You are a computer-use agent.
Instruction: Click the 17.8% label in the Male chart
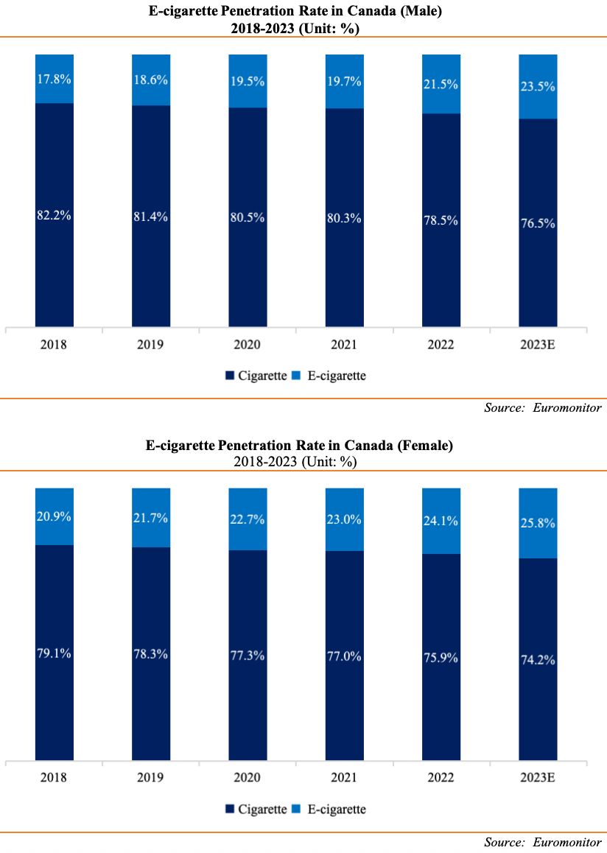click(54, 80)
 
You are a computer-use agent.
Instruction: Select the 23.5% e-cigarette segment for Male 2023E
click(538, 86)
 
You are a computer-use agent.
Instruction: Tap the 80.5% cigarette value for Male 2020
click(248, 217)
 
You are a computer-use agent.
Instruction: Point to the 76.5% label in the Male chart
click(538, 223)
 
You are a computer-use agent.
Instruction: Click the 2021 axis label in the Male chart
click(344, 345)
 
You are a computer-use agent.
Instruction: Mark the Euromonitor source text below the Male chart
click(567, 407)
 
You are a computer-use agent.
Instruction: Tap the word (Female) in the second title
click(424, 446)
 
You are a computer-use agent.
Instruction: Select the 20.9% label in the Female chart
click(54, 516)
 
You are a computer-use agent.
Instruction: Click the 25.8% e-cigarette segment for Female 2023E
click(538, 523)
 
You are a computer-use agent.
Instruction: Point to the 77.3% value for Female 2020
click(248, 653)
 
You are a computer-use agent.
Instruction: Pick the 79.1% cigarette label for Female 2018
click(54, 653)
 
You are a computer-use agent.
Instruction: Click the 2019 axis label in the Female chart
click(150, 778)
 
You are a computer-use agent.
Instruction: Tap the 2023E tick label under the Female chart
click(538, 778)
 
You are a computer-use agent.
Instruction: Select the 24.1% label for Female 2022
click(441, 520)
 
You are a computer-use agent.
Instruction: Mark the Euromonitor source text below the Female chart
click(567, 841)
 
